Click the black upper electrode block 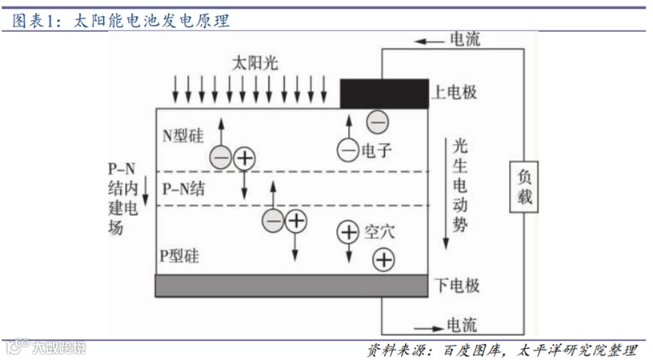click(x=383, y=94)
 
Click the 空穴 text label click(x=379, y=232)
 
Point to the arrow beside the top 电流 click(x=430, y=41)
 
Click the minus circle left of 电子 click(x=347, y=149)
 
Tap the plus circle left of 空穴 click(x=348, y=232)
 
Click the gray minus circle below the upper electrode click(x=377, y=122)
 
